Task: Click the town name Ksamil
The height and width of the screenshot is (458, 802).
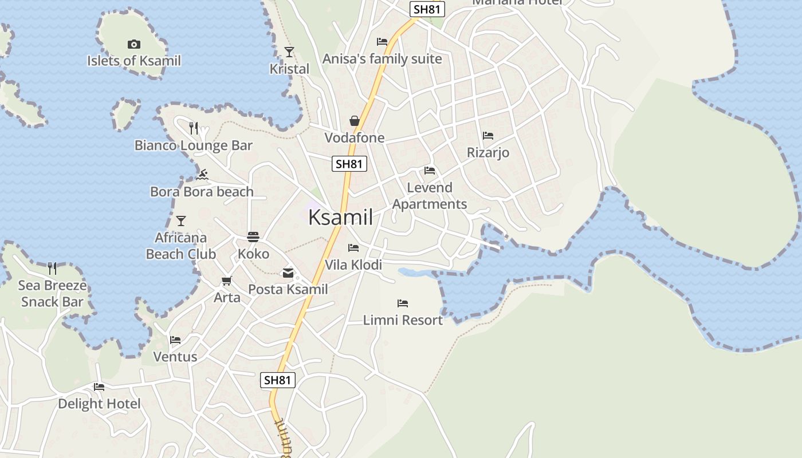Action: (340, 218)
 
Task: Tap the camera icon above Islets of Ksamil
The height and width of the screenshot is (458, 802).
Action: (133, 44)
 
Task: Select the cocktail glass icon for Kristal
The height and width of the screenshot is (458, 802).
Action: (289, 52)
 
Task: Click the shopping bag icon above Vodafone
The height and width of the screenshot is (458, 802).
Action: (355, 121)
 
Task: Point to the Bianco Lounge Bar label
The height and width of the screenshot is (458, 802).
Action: (193, 145)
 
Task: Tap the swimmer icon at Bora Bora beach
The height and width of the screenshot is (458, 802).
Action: (202, 174)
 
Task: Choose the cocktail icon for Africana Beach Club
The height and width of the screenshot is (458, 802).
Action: (181, 220)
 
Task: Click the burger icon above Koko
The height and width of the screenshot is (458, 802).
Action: (253, 236)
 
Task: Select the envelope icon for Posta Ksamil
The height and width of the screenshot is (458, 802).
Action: (288, 273)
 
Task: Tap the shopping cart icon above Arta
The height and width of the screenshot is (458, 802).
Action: (227, 281)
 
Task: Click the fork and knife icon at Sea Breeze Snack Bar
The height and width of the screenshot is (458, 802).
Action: (52, 268)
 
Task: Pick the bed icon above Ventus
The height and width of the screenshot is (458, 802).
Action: (175, 340)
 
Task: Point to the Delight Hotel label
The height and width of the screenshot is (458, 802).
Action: (99, 404)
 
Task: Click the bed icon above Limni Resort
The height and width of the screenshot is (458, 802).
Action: (403, 303)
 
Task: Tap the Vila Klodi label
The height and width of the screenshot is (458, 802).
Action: (353, 265)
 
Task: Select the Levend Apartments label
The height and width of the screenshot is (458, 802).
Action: (430, 196)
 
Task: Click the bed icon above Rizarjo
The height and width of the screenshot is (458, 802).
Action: (488, 136)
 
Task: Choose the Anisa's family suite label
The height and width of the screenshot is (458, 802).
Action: (382, 59)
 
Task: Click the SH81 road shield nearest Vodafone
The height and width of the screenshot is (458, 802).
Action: (349, 164)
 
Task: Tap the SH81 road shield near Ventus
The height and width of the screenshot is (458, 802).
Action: (278, 380)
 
